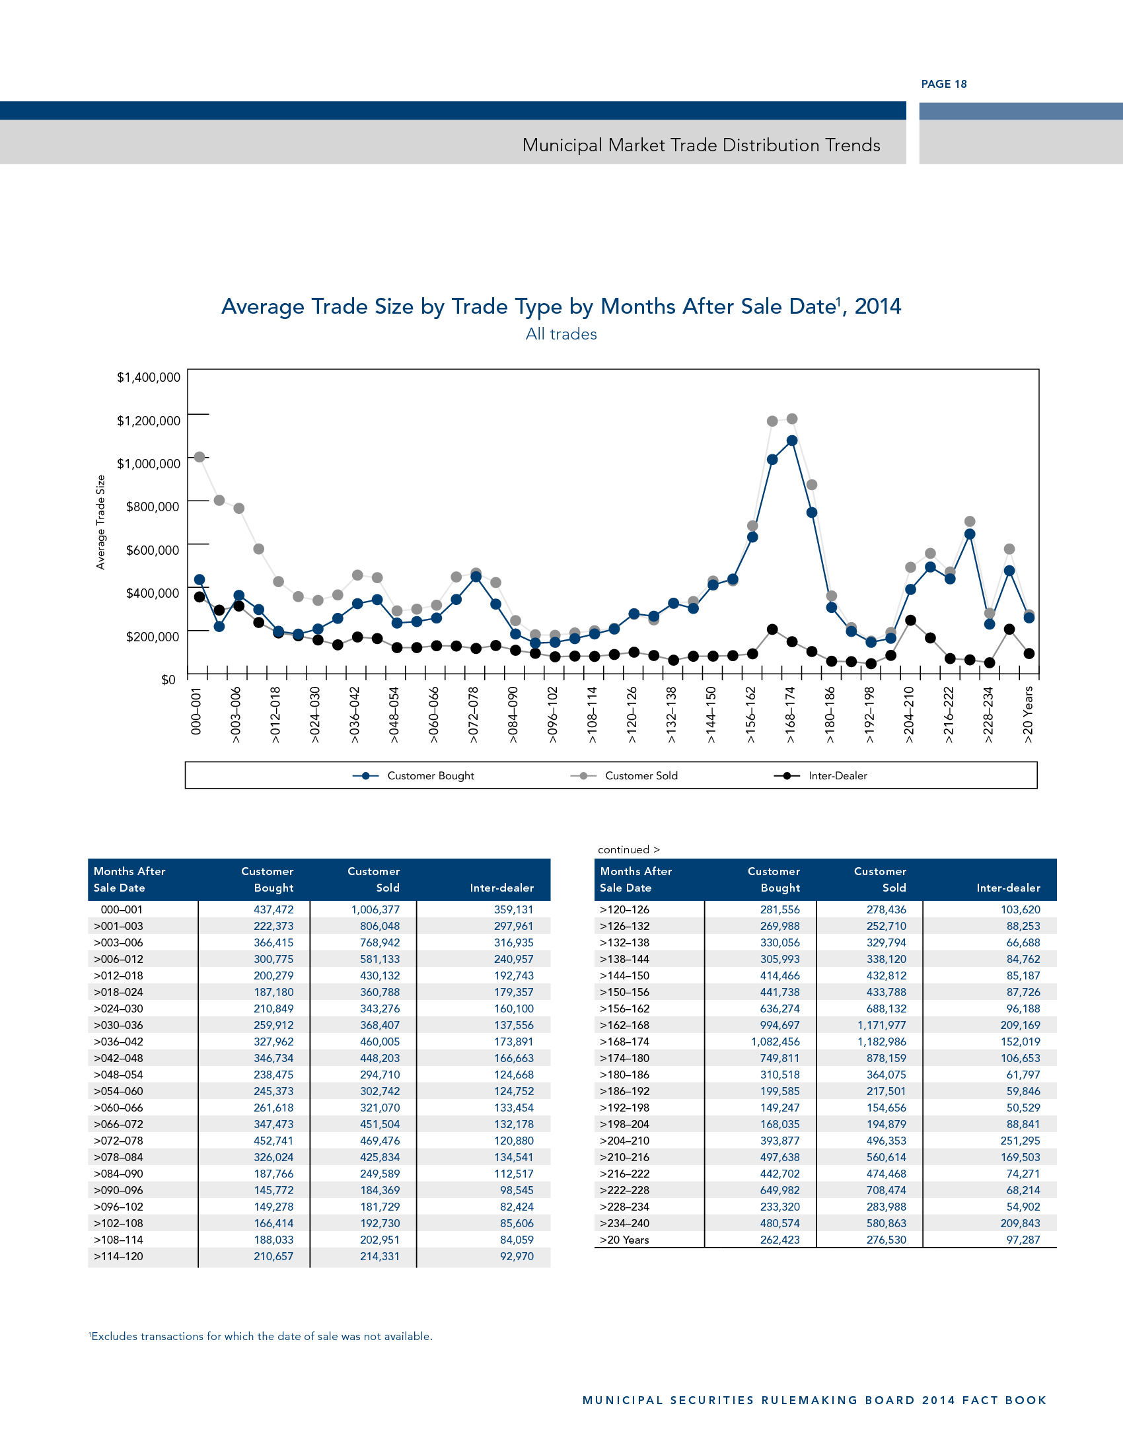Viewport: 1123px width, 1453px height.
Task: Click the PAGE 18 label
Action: [943, 84]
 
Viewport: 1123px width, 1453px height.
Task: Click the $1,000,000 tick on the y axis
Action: [149, 464]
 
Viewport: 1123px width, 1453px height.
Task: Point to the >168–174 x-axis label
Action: [790, 715]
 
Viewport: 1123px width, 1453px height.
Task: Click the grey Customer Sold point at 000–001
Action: [199, 457]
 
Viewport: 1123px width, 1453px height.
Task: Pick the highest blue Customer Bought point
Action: [791, 441]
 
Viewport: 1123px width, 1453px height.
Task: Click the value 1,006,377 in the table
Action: [375, 909]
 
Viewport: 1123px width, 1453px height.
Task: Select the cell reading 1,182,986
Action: [881, 1042]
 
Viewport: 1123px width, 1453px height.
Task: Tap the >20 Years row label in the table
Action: [624, 1240]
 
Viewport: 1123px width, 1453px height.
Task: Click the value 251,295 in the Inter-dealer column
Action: [1020, 1141]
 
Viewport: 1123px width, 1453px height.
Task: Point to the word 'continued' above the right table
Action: [624, 849]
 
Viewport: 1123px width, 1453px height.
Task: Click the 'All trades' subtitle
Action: [561, 334]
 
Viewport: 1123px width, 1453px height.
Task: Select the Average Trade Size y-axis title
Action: [101, 522]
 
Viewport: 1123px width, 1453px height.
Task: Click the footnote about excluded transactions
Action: [261, 1337]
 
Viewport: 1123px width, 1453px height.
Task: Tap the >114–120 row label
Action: [118, 1257]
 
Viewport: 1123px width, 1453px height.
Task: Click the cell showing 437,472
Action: [273, 909]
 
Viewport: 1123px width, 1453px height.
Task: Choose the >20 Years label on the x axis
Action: [1028, 715]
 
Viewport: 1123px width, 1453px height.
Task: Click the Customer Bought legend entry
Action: [430, 776]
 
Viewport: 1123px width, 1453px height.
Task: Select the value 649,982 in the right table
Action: [779, 1190]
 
